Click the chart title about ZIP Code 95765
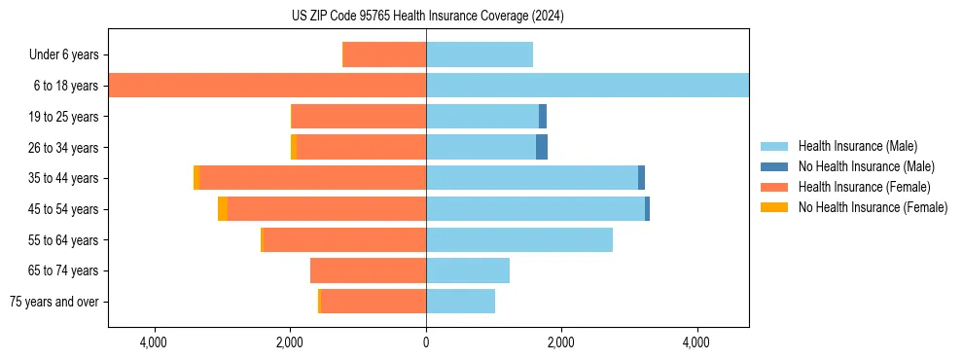pyautogui.click(x=428, y=16)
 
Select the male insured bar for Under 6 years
pyautogui.click(x=480, y=54)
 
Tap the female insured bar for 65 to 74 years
pyautogui.click(x=368, y=270)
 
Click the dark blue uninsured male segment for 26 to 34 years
pyautogui.click(x=542, y=147)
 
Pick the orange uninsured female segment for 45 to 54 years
pyautogui.click(x=223, y=209)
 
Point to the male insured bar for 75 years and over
pyautogui.click(x=460, y=302)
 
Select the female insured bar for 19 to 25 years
pyautogui.click(x=359, y=117)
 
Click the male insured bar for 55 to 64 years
pyautogui.click(x=519, y=239)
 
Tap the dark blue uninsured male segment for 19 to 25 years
pyautogui.click(x=543, y=117)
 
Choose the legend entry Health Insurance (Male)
pyautogui.click(x=857, y=146)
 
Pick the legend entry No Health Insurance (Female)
pyautogui.click(x=873, y=207)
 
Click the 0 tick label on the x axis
pyautogui.click(x=426, y=343)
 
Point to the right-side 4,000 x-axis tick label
pyautogui.click(x=696, y=343)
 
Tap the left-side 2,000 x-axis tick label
pyautogui.click(x=291, y=343)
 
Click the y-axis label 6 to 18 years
pyautogui.click(x=65, y=86)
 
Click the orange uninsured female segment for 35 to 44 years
pyautogui.click(x=196, y=178)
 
